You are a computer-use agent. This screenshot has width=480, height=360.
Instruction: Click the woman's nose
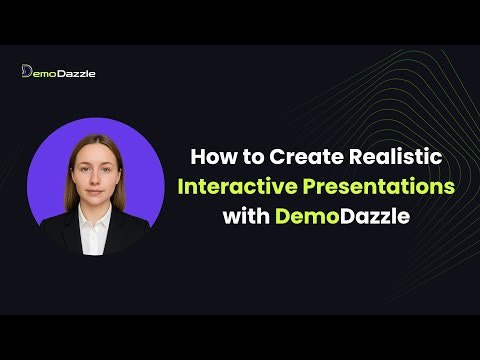pyautogui.click(x=96, y=175)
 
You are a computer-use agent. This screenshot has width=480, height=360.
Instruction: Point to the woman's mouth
pyautogui.click(x=96, y=187)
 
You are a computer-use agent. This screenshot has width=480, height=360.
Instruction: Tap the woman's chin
pyautogui.click(x=96, y=198)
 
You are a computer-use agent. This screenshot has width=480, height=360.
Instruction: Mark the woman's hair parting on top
pyautogui.click(x=96, y=137)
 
